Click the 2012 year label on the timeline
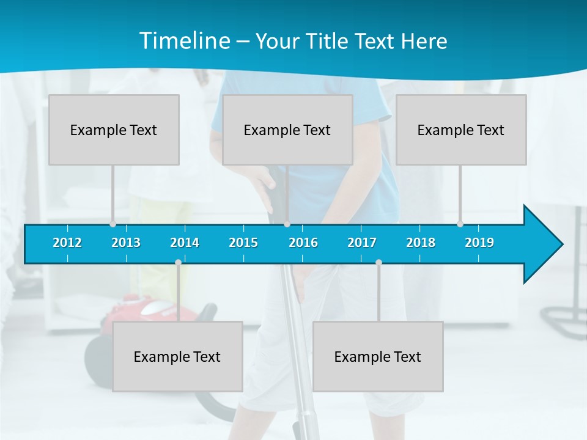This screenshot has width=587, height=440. coord(67,243)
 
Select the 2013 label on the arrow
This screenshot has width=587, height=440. coord(126,243)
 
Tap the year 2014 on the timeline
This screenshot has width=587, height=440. coord(185,243)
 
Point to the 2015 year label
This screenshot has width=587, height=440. coord(243,243)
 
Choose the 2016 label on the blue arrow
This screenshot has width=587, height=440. coord(303,243)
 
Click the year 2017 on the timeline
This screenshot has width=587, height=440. coord(362,243)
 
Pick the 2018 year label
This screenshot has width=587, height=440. coord(421,243)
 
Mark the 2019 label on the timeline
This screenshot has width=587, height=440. coord(479,243)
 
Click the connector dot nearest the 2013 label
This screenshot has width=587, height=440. coord(113,224)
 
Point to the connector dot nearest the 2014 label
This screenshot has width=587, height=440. coord(178,263)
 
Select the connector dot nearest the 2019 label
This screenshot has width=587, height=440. coord(460,224)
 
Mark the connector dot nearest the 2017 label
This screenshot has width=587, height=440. coord(378,263)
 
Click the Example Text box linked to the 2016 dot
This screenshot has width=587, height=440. coord(287,130)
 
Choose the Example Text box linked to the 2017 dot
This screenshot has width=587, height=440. coord(378,356)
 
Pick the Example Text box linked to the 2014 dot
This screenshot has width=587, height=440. coord(177,356)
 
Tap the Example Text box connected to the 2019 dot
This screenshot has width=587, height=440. coord(461,130)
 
